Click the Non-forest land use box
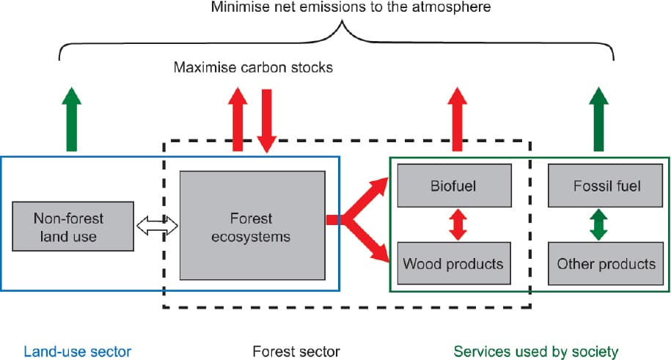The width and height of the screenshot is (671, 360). [73, 226]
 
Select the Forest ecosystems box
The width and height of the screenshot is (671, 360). [252, 226]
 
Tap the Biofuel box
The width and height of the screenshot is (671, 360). [455, 185]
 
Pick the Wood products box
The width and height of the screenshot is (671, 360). [454, 263]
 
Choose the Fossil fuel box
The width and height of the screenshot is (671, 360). [605, 185]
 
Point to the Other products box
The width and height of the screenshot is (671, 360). [606, 263]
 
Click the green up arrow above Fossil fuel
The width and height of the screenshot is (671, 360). [598, 119]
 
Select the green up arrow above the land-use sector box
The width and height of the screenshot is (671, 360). [71, 119]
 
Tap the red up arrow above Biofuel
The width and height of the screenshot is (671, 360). [457, 119]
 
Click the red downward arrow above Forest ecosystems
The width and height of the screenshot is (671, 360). [267, 121]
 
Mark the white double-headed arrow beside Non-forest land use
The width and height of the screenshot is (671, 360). [157, 226]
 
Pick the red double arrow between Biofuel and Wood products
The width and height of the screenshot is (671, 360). [458, 224]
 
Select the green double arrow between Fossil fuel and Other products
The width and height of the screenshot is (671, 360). [598, 224]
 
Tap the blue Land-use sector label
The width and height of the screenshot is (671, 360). [78, 351]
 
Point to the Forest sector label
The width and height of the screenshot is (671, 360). [296, 351]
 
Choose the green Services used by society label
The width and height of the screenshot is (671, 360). [536, 352]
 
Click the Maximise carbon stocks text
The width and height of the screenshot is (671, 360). [253, 67]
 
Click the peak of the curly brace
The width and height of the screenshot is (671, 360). [342, 21]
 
